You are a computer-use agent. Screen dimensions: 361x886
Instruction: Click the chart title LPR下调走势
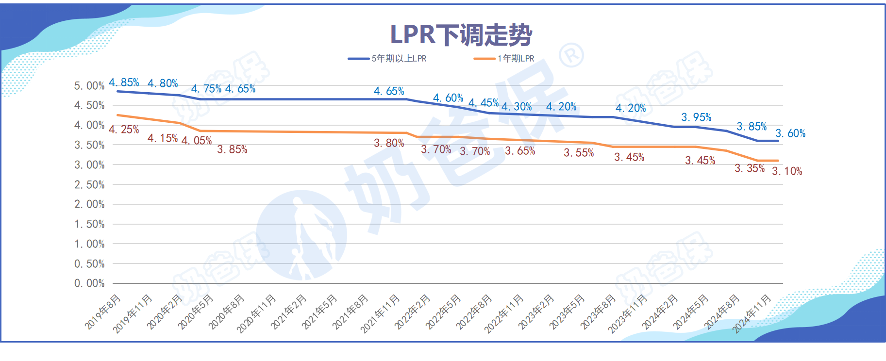461,35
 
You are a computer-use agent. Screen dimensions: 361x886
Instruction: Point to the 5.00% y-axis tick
89,86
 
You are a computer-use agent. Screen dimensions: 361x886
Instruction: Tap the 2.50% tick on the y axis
89,185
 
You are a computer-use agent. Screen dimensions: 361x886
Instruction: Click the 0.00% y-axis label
89,283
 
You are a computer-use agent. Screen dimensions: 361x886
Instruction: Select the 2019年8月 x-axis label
103,312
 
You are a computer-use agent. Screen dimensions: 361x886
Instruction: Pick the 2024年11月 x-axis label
752,313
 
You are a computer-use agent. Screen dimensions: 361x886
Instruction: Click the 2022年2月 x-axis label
413,312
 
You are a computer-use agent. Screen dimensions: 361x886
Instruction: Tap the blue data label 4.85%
124,82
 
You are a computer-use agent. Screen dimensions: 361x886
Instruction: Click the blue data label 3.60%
790,133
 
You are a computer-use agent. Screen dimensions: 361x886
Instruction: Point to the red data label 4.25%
124,130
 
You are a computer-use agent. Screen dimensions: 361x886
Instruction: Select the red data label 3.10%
787,171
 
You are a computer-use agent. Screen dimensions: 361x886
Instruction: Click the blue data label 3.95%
696,117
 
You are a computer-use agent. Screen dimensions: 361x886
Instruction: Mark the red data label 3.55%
579,153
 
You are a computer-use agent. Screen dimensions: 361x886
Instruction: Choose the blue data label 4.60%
448,98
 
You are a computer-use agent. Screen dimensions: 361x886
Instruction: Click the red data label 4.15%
163,138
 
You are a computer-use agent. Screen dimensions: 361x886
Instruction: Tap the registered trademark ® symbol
571,56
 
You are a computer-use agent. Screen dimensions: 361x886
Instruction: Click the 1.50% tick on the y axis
89,224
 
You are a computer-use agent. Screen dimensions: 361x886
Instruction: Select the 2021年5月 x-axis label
320,312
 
